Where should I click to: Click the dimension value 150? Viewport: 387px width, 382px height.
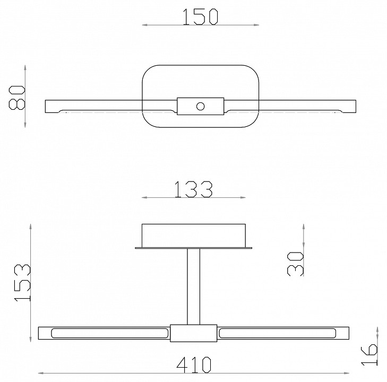pyautogui.click(x=201, y=17)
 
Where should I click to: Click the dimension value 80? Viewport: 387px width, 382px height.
pyautogui.click(x=17, y=98)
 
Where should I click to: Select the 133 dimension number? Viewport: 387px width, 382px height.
pyautogui.click(x=193, y=189)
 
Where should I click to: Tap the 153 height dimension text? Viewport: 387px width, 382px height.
pyautogui.click(x=22, y=282)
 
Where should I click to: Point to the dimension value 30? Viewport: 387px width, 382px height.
pyautogui.click(x=295, y=264)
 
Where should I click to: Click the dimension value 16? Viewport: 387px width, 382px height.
pyautogui.click(x=369, y=354)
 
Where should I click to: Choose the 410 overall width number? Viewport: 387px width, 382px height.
pyautogui.click(x=194, y=365)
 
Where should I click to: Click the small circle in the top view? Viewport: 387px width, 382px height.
pyautogui.click(x=201, y=106)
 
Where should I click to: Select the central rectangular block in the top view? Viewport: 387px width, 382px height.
pyautogui.click(x=201, y=106)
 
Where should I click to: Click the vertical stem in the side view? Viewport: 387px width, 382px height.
pyautogui.click(x=193, y=286)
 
